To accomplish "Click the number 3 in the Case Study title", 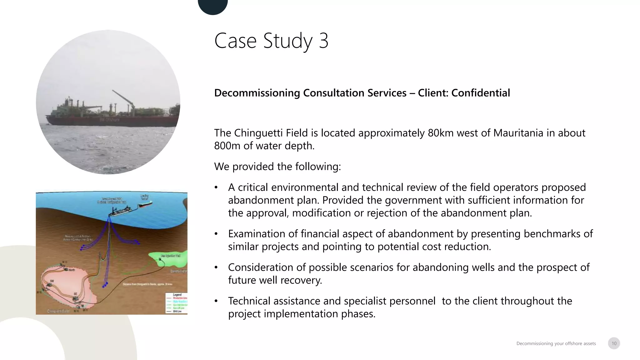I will (323, 41).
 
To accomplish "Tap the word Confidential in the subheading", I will (480, 93).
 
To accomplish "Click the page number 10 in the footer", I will (614, 343).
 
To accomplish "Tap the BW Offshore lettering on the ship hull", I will (109, 120).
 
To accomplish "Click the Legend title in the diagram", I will (177, 295).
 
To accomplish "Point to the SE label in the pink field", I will (75, 294).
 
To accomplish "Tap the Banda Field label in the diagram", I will (178, 271).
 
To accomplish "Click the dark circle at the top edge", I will (213, 6).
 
